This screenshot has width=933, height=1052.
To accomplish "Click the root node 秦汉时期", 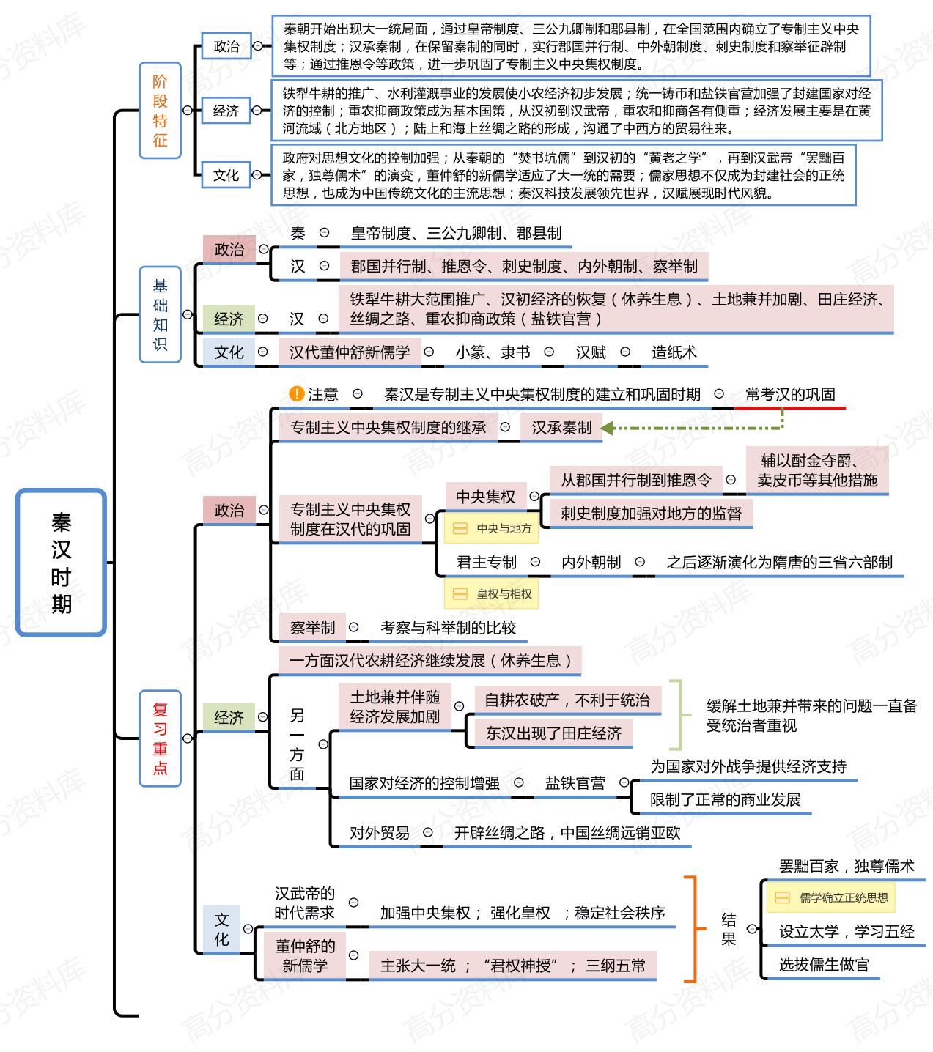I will tap(62, 562).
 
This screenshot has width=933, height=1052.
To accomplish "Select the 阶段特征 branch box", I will tap(160, 111).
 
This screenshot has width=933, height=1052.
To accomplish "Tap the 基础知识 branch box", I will tap(160, 314).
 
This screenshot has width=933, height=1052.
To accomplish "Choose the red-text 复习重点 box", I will tap(160, 738).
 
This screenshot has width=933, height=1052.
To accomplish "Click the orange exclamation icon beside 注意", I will tap(297, 394).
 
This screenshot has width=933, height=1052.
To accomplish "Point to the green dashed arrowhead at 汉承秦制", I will tap(608, 428).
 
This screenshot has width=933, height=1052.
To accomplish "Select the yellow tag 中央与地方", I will tap(492, 528).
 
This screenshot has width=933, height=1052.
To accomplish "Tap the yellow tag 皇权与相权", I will tap(492, 593).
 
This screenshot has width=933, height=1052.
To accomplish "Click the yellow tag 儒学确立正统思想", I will tap(831, 897).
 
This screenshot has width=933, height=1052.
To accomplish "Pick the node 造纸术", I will tap(674, 352).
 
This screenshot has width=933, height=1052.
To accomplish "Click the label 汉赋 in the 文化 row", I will tap(591, 352).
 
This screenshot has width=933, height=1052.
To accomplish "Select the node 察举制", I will tap(312, 628).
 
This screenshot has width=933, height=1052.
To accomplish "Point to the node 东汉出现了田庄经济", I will tap(553, 733).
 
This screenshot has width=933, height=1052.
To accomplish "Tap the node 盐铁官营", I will tap(575, 783).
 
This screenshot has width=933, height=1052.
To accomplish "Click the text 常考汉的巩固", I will tap(790, 394).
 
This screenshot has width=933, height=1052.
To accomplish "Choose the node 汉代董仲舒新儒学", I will tap(350, 352).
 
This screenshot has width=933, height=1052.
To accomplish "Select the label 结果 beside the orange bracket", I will tap(729, 929).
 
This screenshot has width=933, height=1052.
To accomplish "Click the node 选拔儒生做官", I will tap(824, 965).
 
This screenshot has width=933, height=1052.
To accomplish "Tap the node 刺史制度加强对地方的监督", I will tap(651, 514).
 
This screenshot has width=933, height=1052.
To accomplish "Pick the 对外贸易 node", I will tap(380, 833).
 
